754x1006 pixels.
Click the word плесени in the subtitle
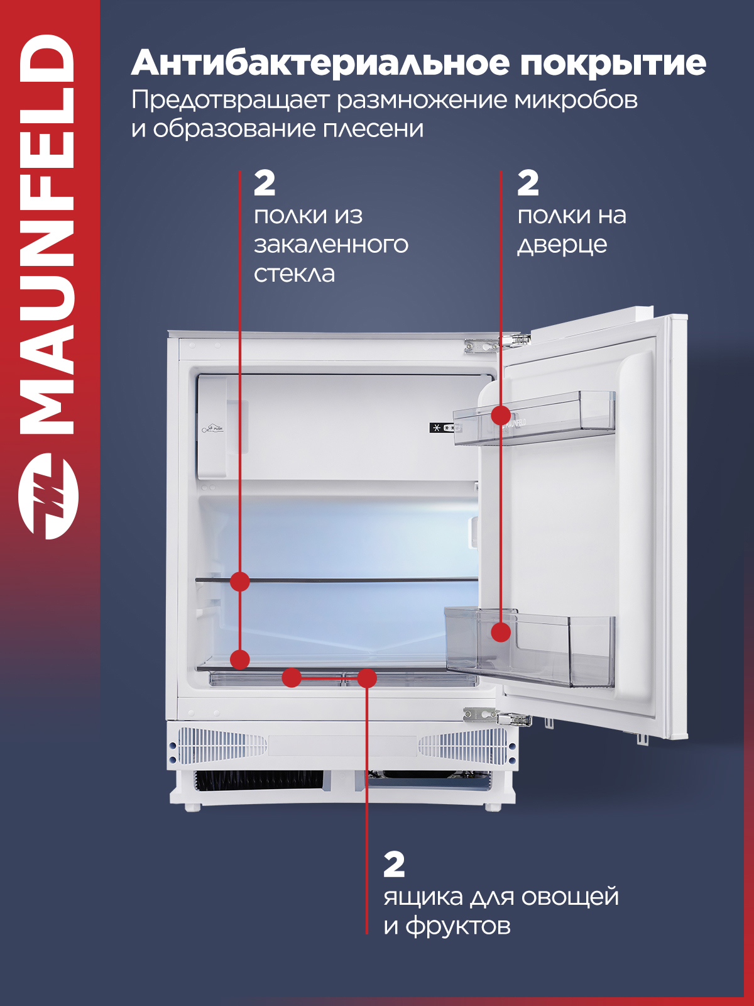(373, 130)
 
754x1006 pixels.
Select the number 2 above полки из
(265, 184)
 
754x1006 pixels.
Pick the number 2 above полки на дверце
(528, 184)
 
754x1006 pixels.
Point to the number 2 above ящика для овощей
(394, 865)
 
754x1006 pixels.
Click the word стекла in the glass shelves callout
(294, 274)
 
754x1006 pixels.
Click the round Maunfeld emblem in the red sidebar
(48, 496)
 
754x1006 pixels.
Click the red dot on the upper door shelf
(501, 416)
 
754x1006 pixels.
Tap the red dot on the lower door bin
(501, 633)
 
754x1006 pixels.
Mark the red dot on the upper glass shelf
(240, 582)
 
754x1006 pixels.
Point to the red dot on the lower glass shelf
(240, 660)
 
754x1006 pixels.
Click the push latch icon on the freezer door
(213, 429)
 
